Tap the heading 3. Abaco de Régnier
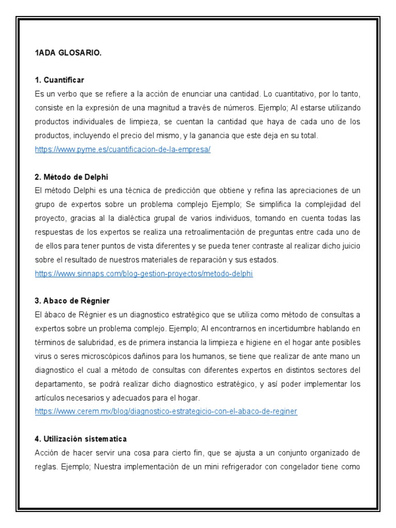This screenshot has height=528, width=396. [x=72, y=300]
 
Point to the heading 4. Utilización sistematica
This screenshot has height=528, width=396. [x=81, y=439]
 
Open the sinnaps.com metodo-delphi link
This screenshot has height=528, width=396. [x=144, y=274]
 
